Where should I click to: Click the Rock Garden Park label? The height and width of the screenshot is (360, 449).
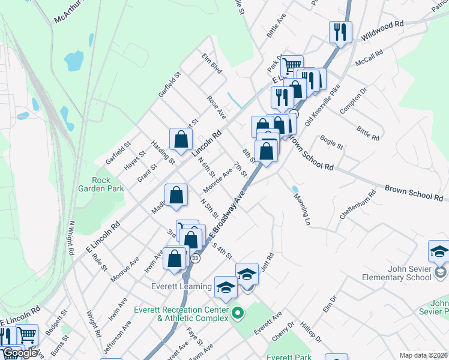click(x=108, y=184)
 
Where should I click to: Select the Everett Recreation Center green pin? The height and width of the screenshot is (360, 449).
click(x=237, y=312)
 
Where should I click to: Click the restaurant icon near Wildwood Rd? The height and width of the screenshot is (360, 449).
click(x=340, y=31)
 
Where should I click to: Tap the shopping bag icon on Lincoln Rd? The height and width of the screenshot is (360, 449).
click(x=181, y=139)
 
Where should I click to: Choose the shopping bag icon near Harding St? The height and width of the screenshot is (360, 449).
click(x=176, y=196)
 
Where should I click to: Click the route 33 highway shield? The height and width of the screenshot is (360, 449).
click(x=195, y=258)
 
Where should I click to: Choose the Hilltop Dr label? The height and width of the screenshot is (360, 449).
click(x=312, y=331)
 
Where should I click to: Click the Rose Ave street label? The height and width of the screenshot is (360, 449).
click(x=216, y=106)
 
